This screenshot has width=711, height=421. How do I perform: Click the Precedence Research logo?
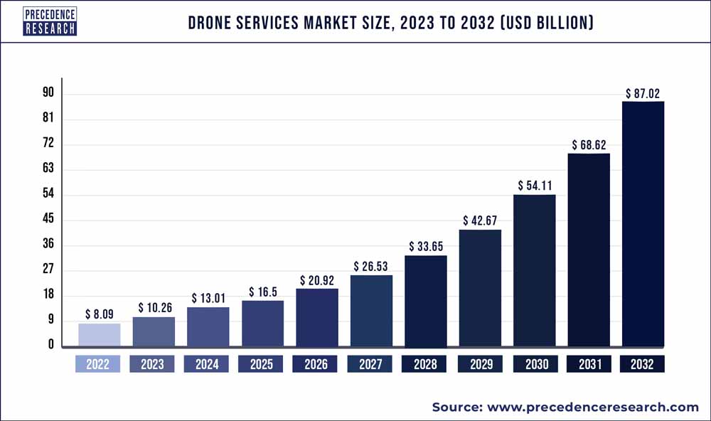pos(50,21)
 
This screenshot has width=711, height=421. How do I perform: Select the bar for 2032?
pos(643,224)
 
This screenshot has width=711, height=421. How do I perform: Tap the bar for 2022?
pos(99,335)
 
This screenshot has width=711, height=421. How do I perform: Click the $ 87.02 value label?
pos(643,92)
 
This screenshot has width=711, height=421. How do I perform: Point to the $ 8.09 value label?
pos(99,314)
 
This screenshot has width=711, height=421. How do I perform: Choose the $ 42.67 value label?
pos(480,220)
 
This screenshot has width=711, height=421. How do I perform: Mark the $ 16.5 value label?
pos(262,292)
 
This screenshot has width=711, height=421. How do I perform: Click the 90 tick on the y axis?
pos(48,93)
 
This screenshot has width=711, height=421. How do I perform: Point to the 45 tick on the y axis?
pos(48,220)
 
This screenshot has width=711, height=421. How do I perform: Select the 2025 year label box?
pos(262,364)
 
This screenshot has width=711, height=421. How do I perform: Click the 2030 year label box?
pos(534,364)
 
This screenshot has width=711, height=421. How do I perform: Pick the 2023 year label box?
pos(153,364)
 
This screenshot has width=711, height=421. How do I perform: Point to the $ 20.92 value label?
pos(316,280)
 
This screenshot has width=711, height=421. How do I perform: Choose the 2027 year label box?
pos(370,364)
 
